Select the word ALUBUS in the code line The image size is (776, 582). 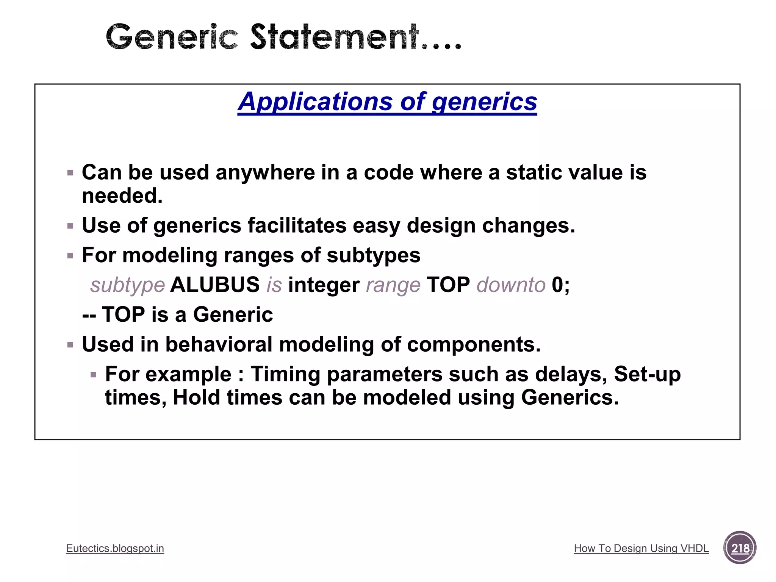click(215, 285)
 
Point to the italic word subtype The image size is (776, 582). click(127, 285)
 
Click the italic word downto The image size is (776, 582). click(511, 285)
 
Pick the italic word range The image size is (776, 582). click(393, 285)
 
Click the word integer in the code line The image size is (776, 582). click(324, 285)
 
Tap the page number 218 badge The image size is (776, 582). click(740, 548)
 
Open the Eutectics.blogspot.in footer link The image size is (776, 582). click(115, 548)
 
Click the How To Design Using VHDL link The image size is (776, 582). click(641, 548)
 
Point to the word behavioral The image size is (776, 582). click(219, 344)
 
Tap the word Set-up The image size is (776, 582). click(647, 374)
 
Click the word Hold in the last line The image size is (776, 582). click(196, 397)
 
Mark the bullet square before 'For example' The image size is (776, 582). click(94, 375)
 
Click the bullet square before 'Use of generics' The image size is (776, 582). click(70, 227)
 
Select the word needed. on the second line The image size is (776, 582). click(122, 196)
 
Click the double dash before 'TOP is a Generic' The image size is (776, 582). click(89, 315)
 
